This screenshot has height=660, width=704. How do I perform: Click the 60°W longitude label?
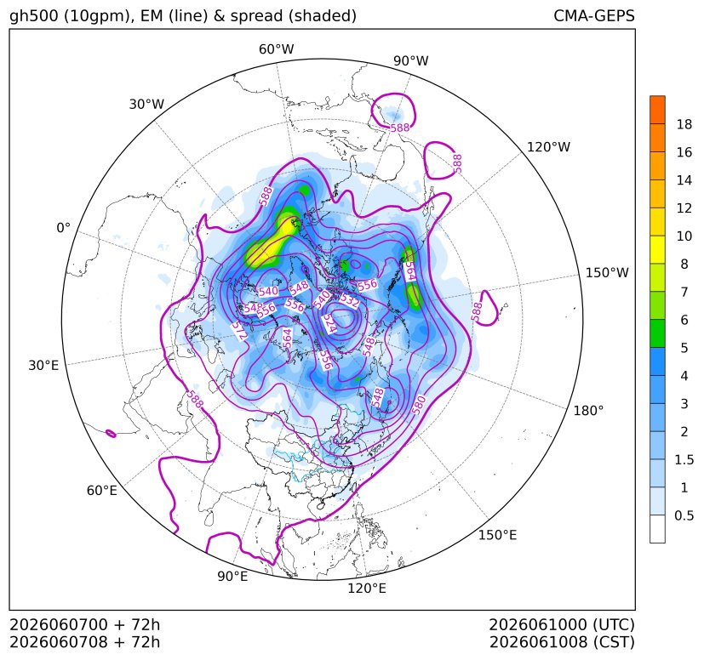pos(276,49)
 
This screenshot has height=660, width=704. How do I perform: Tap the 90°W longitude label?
pos(411,60)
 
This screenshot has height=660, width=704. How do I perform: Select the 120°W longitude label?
pos(548,147)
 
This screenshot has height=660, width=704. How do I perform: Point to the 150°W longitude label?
pos(607,273)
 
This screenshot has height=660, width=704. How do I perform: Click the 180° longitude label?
pos(588,411)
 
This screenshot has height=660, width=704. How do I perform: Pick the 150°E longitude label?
pos(497,535)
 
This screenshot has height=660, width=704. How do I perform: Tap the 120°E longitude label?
pos(367,589)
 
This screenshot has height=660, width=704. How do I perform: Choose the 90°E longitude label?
pos(232,577)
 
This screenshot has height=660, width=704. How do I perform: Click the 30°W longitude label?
pos(146,104)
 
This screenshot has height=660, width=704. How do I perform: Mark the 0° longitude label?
pos(63,228)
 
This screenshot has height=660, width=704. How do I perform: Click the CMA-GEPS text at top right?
pos(594,15)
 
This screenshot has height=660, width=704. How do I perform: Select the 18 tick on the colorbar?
pos(684,124)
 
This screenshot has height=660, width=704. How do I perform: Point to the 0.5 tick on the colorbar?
pos(684,515)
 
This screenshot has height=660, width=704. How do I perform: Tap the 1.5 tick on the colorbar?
pos(684,459)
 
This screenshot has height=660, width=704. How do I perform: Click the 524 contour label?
pos(329,323)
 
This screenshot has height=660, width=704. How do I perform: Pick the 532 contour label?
pos(349,299)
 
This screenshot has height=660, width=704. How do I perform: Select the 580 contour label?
pos(418,405)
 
